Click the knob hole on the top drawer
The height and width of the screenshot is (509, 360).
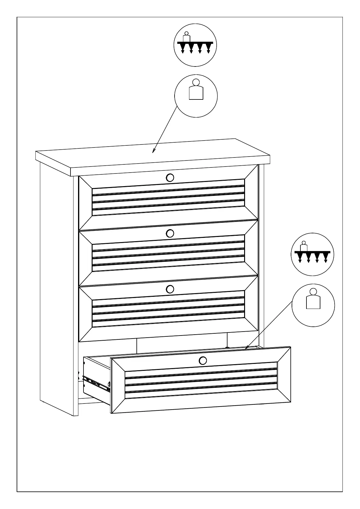(x=170, y=177)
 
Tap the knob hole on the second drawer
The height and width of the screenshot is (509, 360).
(x=170, y=233)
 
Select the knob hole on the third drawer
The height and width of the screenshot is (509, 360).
(x=170, y=289)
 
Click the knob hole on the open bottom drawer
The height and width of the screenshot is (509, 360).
(x=203, y=360)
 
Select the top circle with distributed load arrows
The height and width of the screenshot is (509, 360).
(x=195, y=45)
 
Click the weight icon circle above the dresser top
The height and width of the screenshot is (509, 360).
(x=196, y=96)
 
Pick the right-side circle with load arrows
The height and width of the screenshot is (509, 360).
(x=313, y=254)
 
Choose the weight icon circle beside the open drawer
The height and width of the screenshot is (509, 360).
(x=313, y=305)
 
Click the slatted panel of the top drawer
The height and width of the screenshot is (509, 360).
(x=168, y=197)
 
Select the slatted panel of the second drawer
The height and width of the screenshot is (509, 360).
(x=168, y=253)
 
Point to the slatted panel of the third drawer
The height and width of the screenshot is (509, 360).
(x=168, y=309)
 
